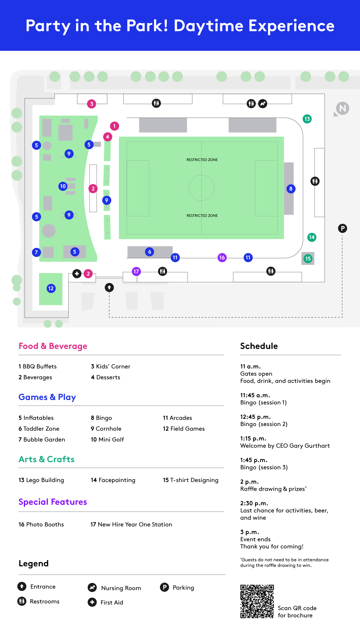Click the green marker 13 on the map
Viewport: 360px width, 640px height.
click(x=307, y=119)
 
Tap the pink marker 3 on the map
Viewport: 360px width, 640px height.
click(x=92, y=104)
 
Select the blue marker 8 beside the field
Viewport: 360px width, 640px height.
click(x=291, y=189)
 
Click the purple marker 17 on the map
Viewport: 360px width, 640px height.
click(x=136, y=272)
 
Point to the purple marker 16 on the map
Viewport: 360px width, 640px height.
click(x=222, y=257)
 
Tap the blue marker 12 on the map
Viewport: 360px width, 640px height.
click(x=51, y=288)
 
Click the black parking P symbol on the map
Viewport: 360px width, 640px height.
click(x=342, y=228)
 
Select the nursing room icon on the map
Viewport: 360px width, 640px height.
click(x=263, y=104)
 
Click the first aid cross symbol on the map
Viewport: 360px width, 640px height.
click(x=77, y=274)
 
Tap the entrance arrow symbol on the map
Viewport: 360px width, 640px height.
click(x=109, y=287)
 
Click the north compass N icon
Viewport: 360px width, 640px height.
click(x=342, y=109)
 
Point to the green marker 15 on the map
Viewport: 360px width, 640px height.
click(x=308, y=259)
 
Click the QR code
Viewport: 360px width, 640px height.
click(x=257, y=601)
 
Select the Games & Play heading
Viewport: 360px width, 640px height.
click(x=47, y=397)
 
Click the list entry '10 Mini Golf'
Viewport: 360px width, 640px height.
click(x=107, y=440)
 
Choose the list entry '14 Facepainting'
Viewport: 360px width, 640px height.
click(x=113, y=480)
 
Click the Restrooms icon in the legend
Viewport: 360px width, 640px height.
click(x=22, y=601)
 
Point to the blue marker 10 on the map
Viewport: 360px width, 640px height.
click(x=63, y=186)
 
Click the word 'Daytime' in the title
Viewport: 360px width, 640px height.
click(x=208, y=26)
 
